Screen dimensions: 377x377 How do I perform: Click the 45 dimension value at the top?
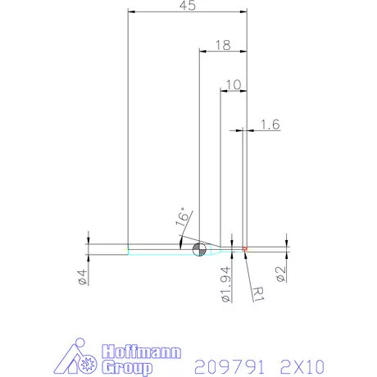[188, 6]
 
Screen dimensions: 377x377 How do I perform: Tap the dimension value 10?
[234, 84]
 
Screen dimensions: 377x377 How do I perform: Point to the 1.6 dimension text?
[270, 125]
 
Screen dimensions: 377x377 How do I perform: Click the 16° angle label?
[184, 218]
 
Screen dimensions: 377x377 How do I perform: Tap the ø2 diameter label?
[280, 274]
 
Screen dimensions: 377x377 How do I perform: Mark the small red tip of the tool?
[245, 248]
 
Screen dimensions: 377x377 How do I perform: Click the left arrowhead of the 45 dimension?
[132, 12]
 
